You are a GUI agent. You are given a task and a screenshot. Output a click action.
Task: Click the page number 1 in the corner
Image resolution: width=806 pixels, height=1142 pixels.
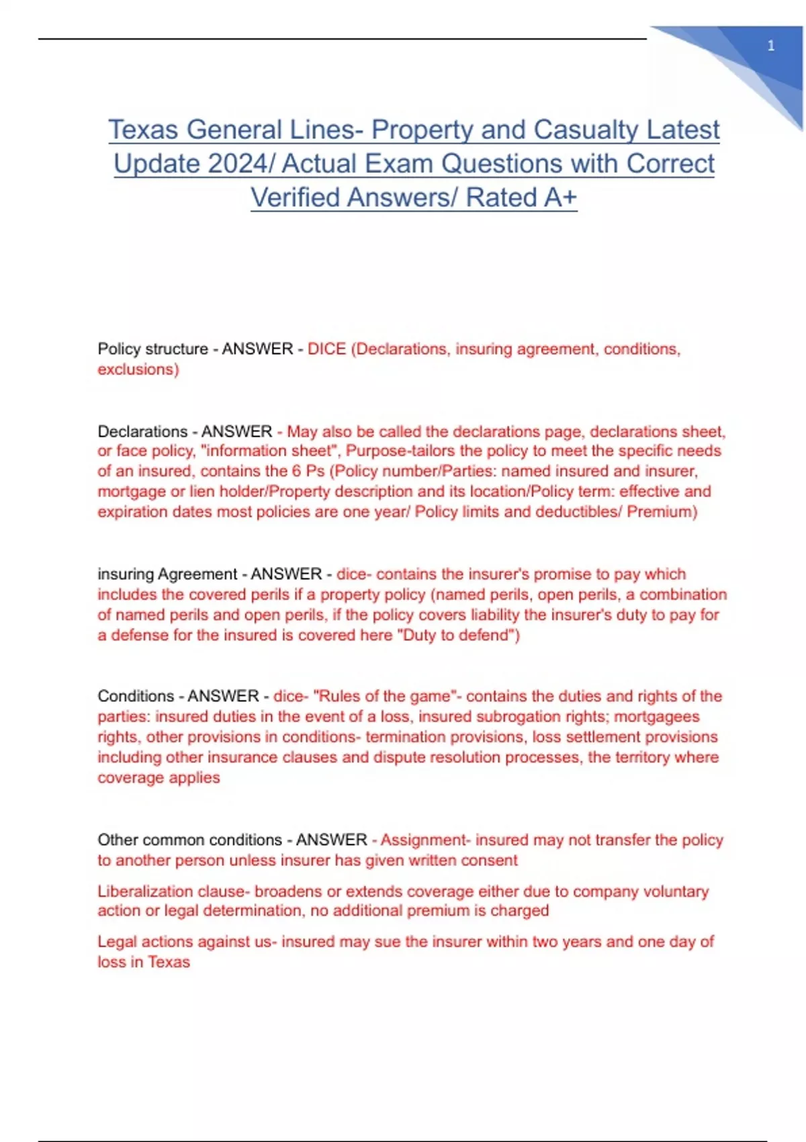click(770, 46)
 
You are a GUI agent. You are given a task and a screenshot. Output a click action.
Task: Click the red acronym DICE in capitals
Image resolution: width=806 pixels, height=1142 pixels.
click(326, 349)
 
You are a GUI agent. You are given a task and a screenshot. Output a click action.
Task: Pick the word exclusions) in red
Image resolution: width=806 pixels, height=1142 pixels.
click(138, 369)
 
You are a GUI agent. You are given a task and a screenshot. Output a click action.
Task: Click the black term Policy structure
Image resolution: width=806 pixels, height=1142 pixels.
click(152, 349)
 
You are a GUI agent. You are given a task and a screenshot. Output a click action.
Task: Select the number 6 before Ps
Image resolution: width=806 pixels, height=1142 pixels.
click(296, 471)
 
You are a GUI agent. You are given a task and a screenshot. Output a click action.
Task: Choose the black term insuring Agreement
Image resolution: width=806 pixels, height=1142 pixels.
click(167, 574)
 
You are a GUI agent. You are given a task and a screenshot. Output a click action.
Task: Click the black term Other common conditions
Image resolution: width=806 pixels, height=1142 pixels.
click(189, 840)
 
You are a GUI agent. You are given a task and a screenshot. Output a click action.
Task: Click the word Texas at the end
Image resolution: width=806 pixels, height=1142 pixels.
click(169, 963)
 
